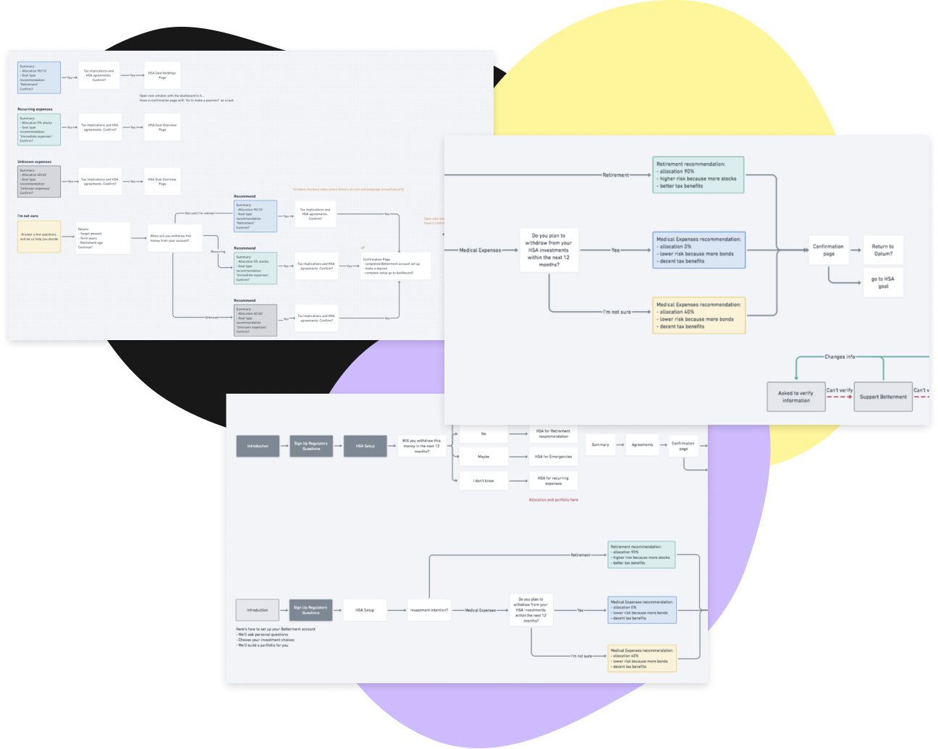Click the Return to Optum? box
tap(882, 250)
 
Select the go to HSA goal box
tap(883, 282)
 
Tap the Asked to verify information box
tap(795, 397)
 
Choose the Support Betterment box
tap(883, 397)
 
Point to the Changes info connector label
tap(840, 357)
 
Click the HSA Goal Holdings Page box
tap(162, 75)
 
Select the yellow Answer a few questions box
tap(39, 237)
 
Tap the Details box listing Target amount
tap(103, 238)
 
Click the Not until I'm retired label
tap(199, 213)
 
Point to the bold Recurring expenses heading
tap(35, 109)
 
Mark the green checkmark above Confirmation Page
tap(363, 247)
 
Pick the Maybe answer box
tap(483, 457)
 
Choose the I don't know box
tap(483, 481)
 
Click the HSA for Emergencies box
tap(553, 457)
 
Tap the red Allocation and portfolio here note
tap(553, 499)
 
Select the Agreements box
tap(642, 445)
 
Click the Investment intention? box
tap(429, 610)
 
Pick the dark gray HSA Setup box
tap(365, 446)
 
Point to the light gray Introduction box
tap(257, 610)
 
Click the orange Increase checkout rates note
tap(348, 190)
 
